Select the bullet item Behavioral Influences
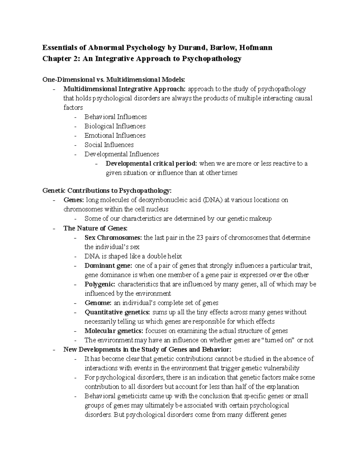115,117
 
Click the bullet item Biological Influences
115,126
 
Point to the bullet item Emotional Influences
115,135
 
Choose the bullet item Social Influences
109,145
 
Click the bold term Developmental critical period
151,164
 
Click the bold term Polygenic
100,284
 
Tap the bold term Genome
98,303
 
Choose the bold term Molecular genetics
114,331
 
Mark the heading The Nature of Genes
95,228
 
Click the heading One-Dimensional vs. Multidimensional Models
114,80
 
